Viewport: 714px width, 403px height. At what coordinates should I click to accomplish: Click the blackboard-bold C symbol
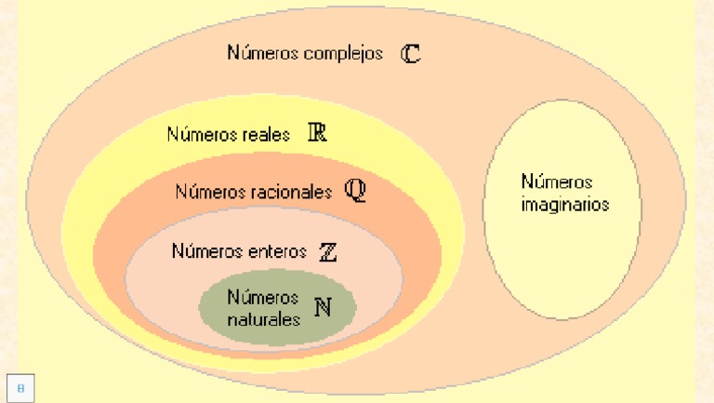pyautogui.click(x=410, y=53)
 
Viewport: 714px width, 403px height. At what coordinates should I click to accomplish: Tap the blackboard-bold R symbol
pyautogui.click(x=317, y=132)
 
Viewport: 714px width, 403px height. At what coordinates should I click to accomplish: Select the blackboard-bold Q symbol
pyautogui.click(x=355, y=190)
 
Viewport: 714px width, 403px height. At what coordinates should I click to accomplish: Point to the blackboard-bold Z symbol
pyautogui.click(x=328, y=252)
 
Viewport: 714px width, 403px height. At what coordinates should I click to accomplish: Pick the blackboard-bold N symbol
pyautogui.click(x=323, y=307)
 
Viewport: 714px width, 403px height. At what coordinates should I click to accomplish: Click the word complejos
pyautogui.click(x=343, y=54)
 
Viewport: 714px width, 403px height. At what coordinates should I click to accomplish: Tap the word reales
pyautogui.click(x=267, y=134)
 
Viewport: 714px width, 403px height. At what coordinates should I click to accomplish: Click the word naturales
pyautogui.click(x=264, y=319)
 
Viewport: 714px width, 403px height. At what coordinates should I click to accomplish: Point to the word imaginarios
pyautogui.click(x=565, y=205)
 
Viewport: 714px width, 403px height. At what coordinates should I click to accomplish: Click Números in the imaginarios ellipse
pyautogui.click(x=557, y=181)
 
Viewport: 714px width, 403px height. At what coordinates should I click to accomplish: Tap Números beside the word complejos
pyautogui.click(x=263, y=52)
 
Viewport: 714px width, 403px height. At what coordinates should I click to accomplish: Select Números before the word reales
pyautogui.click(x=203, y=134)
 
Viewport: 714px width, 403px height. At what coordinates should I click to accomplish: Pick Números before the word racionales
pyautogui.click(x=211, y=192)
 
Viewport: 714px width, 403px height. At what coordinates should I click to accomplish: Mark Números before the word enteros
pyautogui.click(x=207, y=250)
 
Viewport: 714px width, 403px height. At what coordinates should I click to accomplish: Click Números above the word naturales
pyautogui.click(x=263, y=297)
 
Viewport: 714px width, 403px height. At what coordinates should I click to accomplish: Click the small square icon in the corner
pyautogui.click(x=20, y=388)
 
